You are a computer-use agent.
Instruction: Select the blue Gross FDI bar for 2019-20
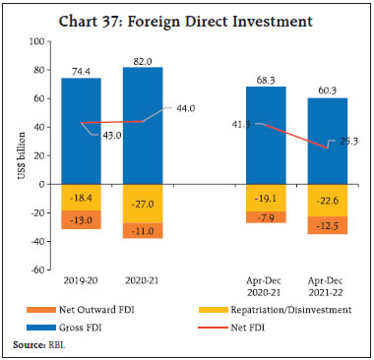click(x=81, y=128)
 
